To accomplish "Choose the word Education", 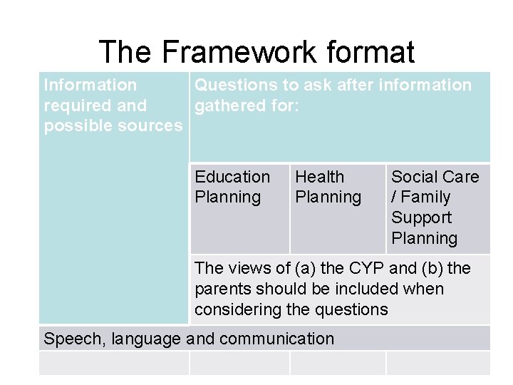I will click(232, 177).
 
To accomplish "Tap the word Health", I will click(319, 177).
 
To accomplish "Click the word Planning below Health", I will click(328, 197).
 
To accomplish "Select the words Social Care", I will click(435, 177).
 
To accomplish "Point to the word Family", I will click(425, 197).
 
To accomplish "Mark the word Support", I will click(421, 217).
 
